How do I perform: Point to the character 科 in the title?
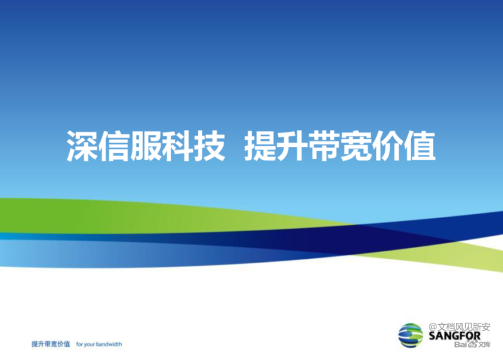(177, 146)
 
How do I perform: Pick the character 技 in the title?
(209, 146)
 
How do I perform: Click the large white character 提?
(260, 146)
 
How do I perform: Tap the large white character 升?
(292, 146)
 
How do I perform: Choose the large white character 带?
(324, 146)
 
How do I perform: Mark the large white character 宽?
(356, 146)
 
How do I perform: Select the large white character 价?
(387, 146)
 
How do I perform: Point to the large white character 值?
(419, 146)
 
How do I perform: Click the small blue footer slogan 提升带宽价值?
(51, 344)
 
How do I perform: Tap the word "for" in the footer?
(79, 344)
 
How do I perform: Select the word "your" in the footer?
(89, 345)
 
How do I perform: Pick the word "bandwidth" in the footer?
(109, 344)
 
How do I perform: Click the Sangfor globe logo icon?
(411, 335)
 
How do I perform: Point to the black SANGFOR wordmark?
(455, 336)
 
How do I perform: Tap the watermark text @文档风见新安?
(460, 327)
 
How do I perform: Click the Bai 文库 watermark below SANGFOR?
(472, 345)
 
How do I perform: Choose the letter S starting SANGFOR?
(432, 336)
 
